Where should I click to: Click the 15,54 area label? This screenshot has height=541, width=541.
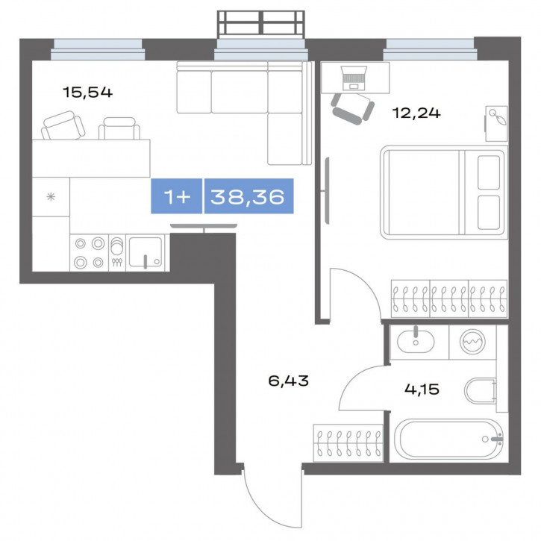[87, 92]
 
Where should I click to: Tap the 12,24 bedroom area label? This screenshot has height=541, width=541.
[416, 113]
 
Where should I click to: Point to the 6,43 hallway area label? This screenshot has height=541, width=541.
[289, 381]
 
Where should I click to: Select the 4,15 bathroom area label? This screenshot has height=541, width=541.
[422, 390]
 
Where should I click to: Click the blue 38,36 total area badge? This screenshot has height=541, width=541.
[248, 196]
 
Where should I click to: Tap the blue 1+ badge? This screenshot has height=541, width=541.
[177, 196]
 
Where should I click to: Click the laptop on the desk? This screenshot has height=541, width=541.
[354, 78]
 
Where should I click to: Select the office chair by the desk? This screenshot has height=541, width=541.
[353, 108]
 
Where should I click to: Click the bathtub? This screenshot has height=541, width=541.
[449, 440]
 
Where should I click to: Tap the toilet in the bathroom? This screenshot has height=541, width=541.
[481, 391]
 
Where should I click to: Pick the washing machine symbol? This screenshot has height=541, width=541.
[472, 342]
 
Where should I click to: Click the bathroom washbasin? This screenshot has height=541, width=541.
[416, 342]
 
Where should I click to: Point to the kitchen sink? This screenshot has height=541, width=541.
[146, 252]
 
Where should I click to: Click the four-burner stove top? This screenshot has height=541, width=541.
[90, 253]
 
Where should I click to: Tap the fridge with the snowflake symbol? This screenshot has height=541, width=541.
[51, 197]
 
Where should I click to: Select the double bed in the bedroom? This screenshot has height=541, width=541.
[444, 193]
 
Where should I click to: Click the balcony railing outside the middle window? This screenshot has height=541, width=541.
[261, 24]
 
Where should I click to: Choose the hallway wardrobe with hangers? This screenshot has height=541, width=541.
[348, 443]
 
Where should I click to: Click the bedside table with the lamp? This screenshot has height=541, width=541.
[496, 124]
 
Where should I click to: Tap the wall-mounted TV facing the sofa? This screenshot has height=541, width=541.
[204, 226]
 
